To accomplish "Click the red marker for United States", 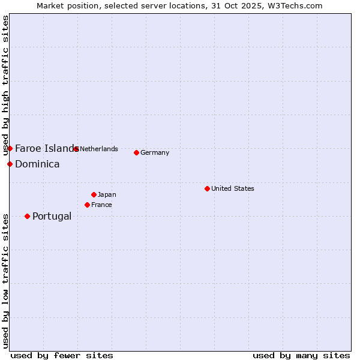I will (x=207, y=188).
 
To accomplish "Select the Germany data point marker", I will (x=136, y=152).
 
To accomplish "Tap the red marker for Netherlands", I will (x=76, y=149).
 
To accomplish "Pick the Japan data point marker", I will (x=94, y=194).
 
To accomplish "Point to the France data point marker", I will (x=87, y=205).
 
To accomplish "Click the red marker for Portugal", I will (x=27, y=216).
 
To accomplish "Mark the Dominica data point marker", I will (x=10, y=164).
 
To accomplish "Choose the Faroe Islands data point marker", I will (x=10, y=148).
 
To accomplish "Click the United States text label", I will (x=233, y=188).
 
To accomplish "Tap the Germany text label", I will (x=155, y=152).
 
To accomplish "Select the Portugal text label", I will (x=52, y=216).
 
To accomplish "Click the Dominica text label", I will (x=37, y=164).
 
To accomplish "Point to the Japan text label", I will (x=107, y=194).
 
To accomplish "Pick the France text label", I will (x=101, y=205).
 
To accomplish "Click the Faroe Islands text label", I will (x=46, y=148).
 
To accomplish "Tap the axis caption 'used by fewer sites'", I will (x=62, y=355).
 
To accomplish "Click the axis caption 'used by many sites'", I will (x=301, y=355).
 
